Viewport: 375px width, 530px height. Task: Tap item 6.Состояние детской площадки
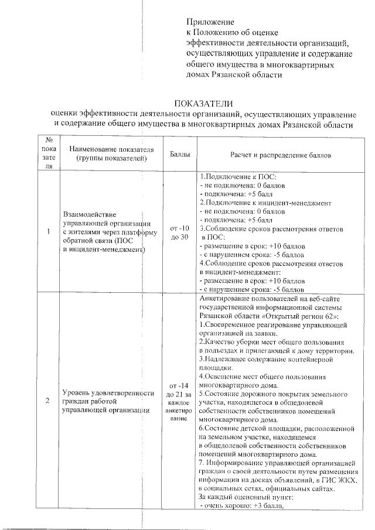tap(276, 428)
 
